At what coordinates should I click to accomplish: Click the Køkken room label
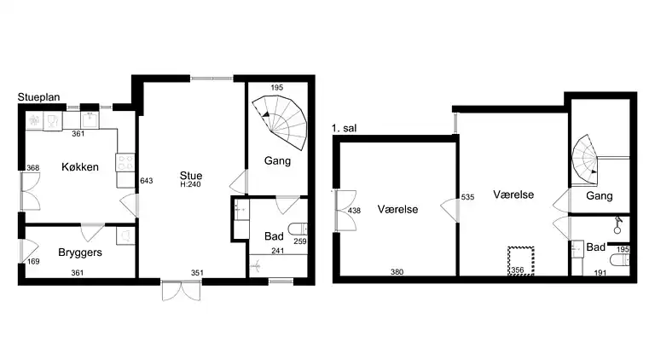pos(80,167)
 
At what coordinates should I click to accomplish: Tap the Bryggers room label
pos(80,253)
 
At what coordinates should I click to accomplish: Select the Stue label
pos(191,176)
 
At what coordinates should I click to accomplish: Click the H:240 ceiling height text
pos(190,184)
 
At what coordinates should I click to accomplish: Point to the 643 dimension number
pos(146,181)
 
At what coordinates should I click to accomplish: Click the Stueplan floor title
pos(39,97)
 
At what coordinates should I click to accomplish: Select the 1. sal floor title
pos(345,128)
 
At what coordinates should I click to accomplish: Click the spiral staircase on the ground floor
pos(280,122)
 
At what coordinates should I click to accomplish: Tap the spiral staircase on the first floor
pos(585,160)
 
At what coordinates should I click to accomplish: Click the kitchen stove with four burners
pos(125,163)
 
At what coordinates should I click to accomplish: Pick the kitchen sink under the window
pos(90,120)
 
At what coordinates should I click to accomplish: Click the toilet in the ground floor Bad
pos(298,229)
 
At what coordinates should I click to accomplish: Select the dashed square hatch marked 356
pos(521,261)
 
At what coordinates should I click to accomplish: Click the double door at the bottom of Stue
pos(182,291)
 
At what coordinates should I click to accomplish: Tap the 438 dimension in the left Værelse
pos(354,211)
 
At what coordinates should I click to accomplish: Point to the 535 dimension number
pos(468,197)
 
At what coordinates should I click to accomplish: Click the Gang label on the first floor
pos(599,196)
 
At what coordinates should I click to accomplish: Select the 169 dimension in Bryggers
pos(33,261)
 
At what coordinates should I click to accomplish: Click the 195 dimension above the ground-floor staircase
pos(277,87)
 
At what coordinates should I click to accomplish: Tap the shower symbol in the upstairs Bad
pos(617,224)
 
